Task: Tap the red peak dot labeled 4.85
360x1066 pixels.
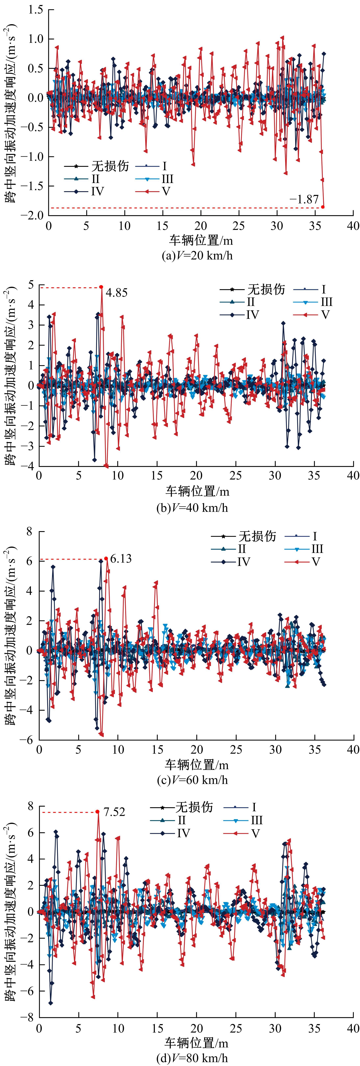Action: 101,287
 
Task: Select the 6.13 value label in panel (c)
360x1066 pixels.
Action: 121,559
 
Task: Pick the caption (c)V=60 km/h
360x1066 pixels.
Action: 192,780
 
